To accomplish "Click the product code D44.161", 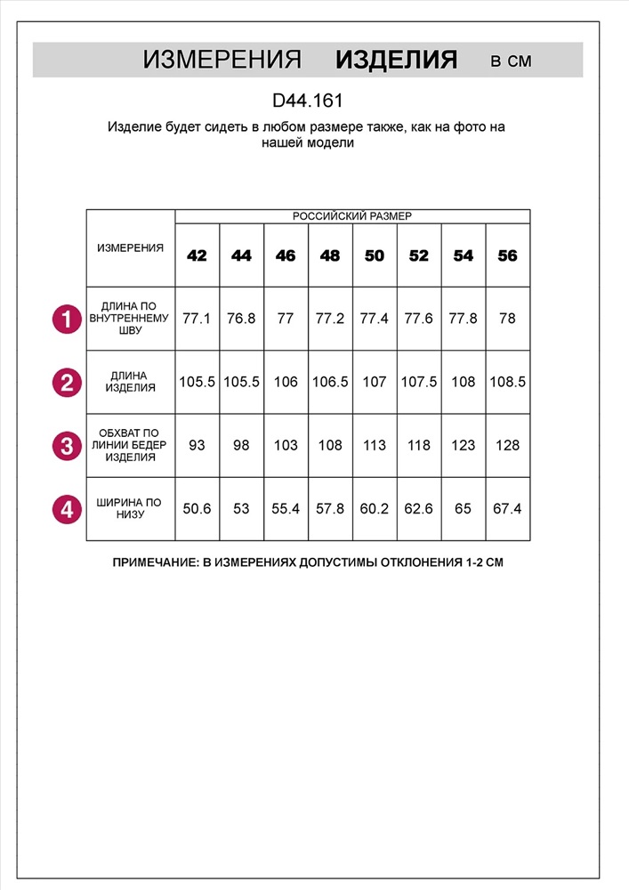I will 307,101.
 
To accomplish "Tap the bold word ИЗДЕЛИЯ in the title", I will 396,61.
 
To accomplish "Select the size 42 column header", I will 197,255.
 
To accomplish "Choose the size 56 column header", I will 507,255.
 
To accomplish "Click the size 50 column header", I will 375,255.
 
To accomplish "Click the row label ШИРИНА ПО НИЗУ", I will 130,509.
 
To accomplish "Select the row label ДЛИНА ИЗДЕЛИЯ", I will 130,382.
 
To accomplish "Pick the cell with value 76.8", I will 241,319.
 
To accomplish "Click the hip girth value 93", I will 197,445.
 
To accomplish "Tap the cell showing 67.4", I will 507,509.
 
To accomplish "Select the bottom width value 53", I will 241,509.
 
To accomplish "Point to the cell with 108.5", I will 507,382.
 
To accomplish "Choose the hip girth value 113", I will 375,445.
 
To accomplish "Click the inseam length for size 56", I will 507,319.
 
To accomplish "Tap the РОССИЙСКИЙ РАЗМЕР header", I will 352,216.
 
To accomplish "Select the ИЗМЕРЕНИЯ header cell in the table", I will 130,248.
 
